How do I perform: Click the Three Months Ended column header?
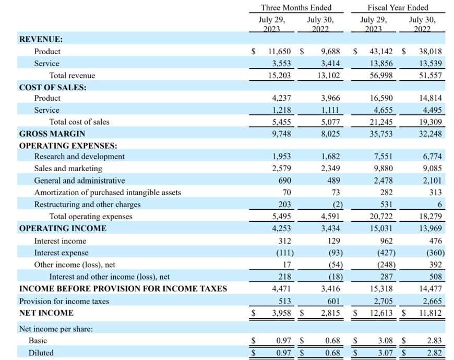tap(296, 8)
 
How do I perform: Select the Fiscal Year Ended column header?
tap(398, 8)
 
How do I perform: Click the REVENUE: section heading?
tap(41, 39)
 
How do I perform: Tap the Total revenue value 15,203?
tap(280, 76)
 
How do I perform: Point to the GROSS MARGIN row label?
tap(52, 134)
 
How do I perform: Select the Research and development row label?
tap(79, 157)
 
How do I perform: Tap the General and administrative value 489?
tap(333, 181)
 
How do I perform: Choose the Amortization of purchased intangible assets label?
tap(107, 193)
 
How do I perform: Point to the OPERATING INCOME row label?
tap(63, 229)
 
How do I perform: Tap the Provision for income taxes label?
tap(64, 301)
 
